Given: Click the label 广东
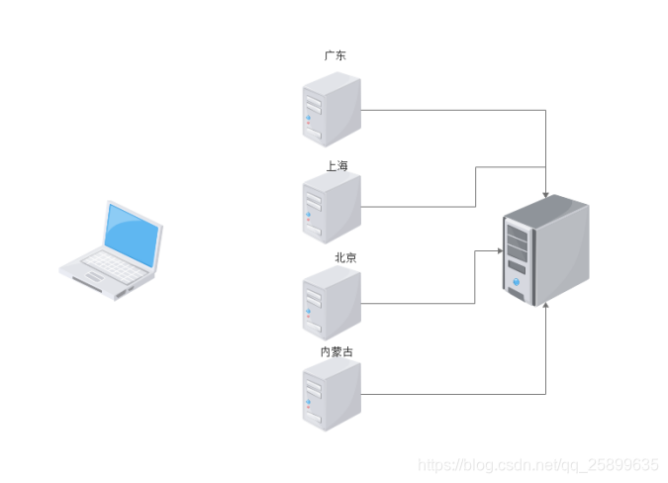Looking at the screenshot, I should pyautogui.click(x=335, y=56).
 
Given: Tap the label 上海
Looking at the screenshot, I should pyautogui.click(x=337, y=165).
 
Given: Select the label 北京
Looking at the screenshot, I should pyautogui.click(x=345, y=257).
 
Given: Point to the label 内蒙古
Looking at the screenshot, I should pyautogui.click(x=336, y=351).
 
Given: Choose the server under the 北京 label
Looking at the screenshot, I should pyautogui.click(x=332, y=303).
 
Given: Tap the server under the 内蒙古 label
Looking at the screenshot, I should pyautogui.click(x=332, y=395).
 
